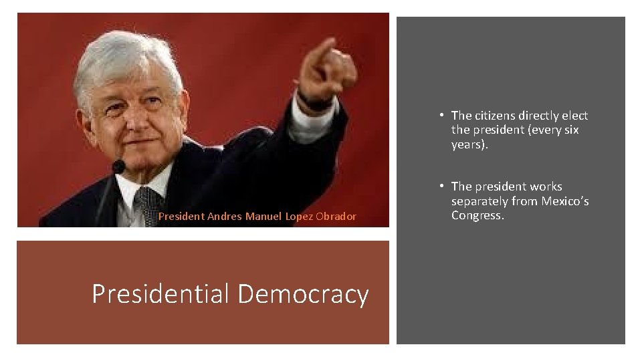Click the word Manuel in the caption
point(263,216)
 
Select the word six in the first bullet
point(570,130)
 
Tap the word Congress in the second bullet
point(476,215)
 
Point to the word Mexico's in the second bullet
point(563,201)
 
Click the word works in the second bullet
point(546,187)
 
